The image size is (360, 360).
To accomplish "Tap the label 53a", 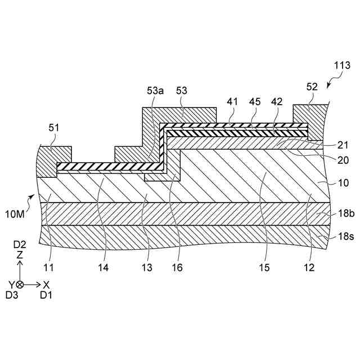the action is point(155,91).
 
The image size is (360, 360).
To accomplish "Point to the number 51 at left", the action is point(53,128).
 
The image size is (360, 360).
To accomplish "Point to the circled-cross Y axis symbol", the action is point(20,285).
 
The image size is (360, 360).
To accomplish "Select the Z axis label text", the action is point(20,255).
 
